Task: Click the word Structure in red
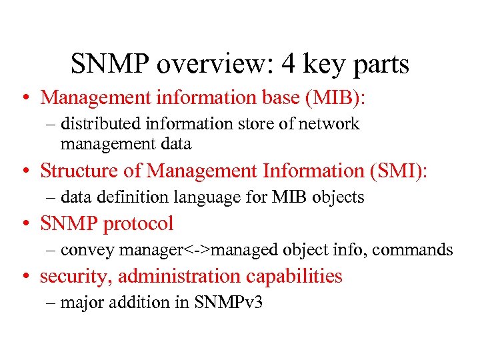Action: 83,171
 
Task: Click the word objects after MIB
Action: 339,198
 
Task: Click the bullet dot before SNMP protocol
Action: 23,224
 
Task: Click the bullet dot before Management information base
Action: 23,97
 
